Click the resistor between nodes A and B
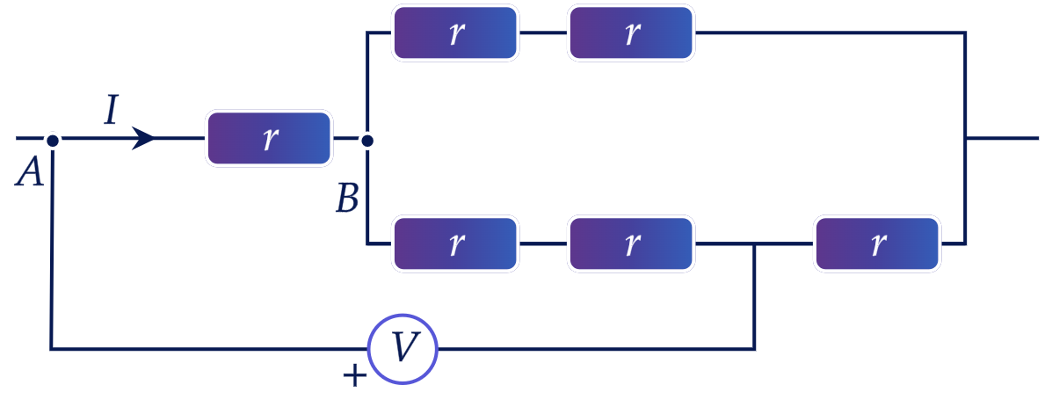click(269, 138)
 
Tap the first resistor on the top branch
click(455, 33)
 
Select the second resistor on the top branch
click(631, 33)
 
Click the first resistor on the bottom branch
click(455, 243)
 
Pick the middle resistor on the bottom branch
click(631, 243)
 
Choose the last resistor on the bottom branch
click(878, 243)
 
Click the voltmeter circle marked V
click(403, 349)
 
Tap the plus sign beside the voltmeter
click(354, 376)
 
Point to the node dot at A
click(53, 140)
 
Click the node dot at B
click(367, 141)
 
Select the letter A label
click(30, 172)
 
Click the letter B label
click(347, 199)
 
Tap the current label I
click(112, 110)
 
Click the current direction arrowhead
click(143, 138)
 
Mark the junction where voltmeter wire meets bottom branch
click(755, 244)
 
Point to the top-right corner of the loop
click(965, 33)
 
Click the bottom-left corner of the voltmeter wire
click(51, 349)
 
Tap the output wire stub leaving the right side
click(1002, 138)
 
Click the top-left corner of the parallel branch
click(367, 33)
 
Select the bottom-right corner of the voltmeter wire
click(755, 349)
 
